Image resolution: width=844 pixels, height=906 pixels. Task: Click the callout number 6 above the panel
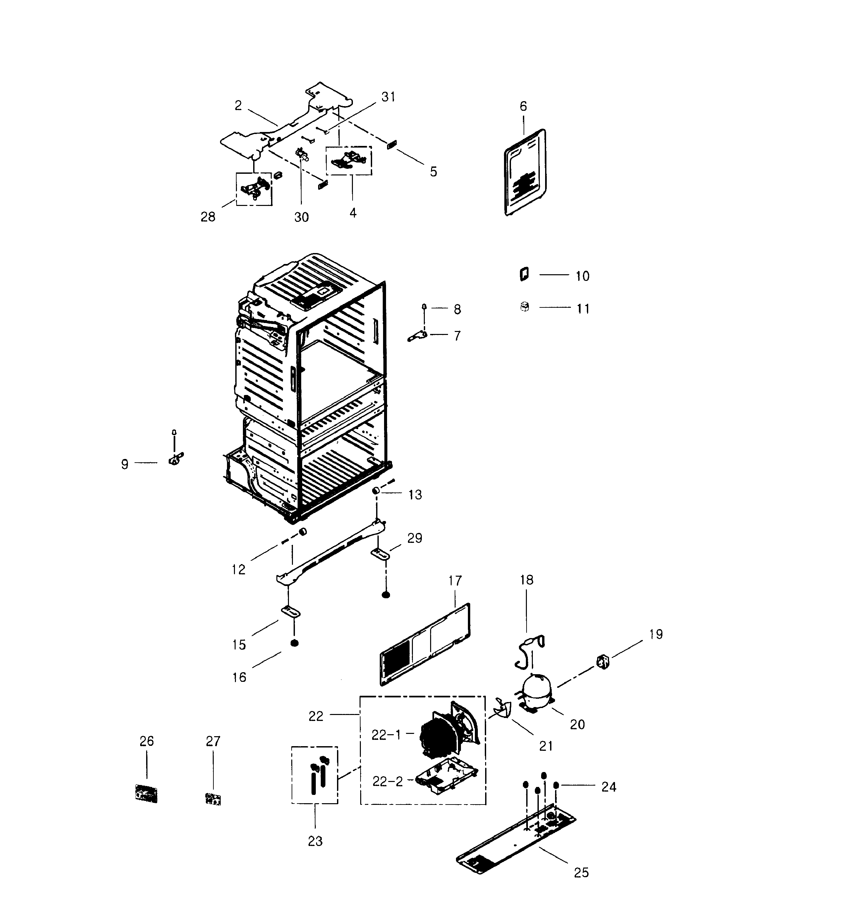[523, 106]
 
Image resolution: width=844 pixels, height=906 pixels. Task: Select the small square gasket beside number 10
[524, 274]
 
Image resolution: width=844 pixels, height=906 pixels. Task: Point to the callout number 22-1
[386, 735]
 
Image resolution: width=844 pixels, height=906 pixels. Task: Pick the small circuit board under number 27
[213, 799]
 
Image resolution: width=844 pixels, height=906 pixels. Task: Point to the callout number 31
[388, 97]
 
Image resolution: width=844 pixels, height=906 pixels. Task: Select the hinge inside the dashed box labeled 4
[349, 161]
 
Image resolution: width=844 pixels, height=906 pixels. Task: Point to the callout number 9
[124, 464]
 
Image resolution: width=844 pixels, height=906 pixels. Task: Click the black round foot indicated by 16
[294, 643]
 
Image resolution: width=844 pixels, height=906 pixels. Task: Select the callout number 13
[415, 494]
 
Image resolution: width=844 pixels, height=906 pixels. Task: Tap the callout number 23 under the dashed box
[315, 841]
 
